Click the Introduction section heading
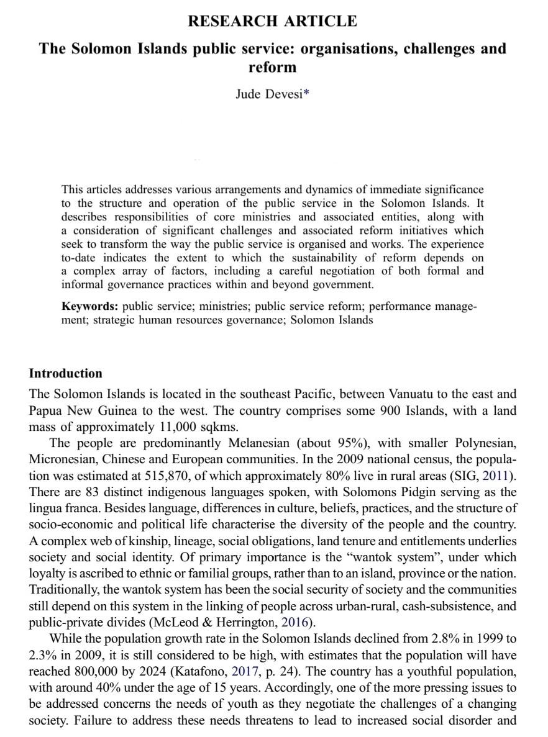[x=65, y=373]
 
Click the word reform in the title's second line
[x=272, y=66]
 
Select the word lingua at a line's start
[x=45, y=508]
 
